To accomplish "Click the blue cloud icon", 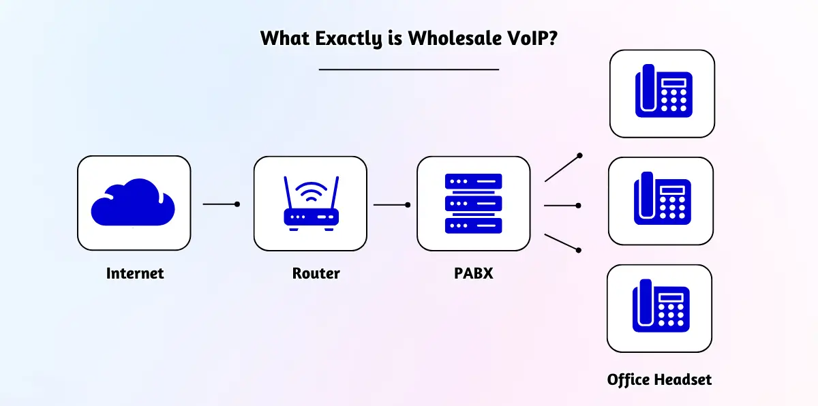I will (x=133, y=202).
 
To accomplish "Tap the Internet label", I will (x=135, y=274).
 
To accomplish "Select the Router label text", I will (x=316, y=274).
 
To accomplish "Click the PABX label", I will (x=473, y=274).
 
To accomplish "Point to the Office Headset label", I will (x=659, y=379).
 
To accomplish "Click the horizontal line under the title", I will (x=409, y=69).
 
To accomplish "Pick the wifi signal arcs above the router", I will (x=310, y=189).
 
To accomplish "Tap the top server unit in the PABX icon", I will (x=473, y=181).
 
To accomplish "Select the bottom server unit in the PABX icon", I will (x=473, y=225).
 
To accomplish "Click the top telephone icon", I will (x=661, y=93).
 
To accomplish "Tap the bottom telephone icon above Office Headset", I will (x=659, y=308).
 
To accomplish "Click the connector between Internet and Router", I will (x=221, y=204).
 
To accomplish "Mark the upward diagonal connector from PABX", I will (x=562, y=168).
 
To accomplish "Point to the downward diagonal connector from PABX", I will (x=562, y=243).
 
